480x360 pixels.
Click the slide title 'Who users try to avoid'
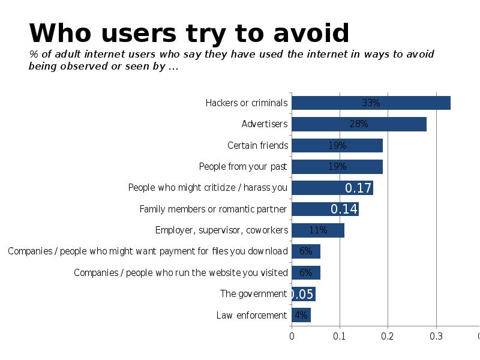[189, 34]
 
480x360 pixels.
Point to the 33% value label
[371, 103]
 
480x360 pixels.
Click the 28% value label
[359, 124]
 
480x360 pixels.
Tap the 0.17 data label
[358, 188]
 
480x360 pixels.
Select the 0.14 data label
[344, 209]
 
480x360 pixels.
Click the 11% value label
[318, 230]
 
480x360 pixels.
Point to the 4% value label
[301, 315]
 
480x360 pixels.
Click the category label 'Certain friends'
[258, 145]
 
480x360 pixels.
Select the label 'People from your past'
[243, 166]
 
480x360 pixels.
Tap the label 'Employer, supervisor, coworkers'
[221, 230]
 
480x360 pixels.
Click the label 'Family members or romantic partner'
[214, 209]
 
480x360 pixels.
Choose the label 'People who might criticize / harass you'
[208, 188]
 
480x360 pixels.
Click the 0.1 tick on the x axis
[340, 336]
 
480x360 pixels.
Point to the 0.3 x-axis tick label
[436, 336]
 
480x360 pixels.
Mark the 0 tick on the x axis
[292, 336]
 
